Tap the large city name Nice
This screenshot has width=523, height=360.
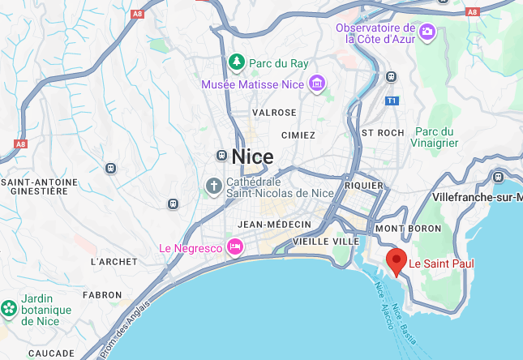(x=252, y=156)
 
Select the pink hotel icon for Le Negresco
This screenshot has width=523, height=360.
(x=235, y=246)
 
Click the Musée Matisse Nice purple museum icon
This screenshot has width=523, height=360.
(x=316, y=83)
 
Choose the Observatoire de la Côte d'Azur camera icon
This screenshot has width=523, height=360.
(x=428, y=32)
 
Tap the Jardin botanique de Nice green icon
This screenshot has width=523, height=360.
(x=9, y=308)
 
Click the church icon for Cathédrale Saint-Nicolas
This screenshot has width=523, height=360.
(x=213, y=186)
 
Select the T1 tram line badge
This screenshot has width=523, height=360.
(x=392, y=101)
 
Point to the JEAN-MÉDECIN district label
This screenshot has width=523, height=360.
(x=275, y=224)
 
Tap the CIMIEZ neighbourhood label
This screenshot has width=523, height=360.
(x=298, y=135)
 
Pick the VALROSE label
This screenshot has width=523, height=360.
(x=274, y=112)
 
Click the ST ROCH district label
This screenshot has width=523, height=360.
(x=383, y=132)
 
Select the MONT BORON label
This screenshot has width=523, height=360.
(x=408, y=229)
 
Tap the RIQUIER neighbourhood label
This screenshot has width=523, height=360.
(x=364, y=186)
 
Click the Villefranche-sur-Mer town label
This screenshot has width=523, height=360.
(x=478, y=198)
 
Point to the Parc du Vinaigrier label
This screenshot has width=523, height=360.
(x=436, y=137)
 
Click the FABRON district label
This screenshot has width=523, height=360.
(x=102, y=295)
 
